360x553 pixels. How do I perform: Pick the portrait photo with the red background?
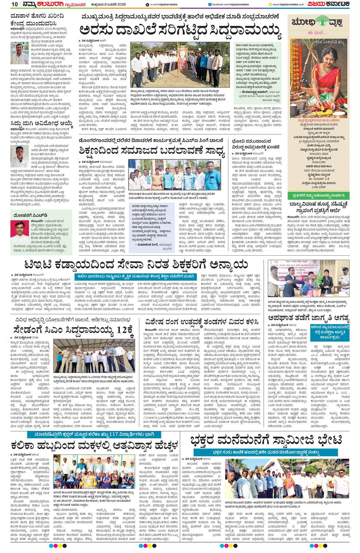pos(17,233)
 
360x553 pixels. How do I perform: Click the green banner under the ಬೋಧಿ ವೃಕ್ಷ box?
pos(319,195)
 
